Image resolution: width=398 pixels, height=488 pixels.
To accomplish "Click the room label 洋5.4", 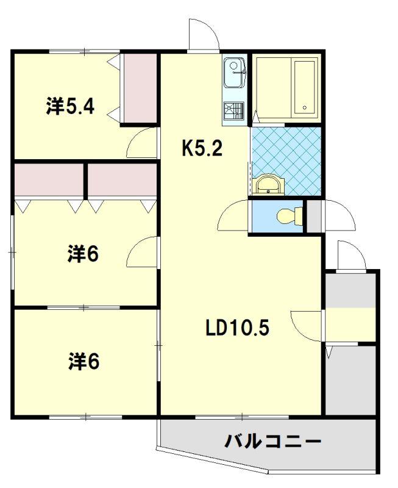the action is pyautogui.click(x=70, y=106).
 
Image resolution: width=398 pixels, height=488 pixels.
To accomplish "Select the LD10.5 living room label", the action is pyautogui.click(x=237, y=328).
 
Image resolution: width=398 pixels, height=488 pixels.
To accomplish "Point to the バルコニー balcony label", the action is pyautogui.click(x=272, y=441).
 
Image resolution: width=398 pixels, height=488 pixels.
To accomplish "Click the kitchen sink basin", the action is pyautogui.click(x=234, y=72).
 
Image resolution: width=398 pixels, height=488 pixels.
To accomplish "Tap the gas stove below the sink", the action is pyautogui.click(x=233, y=111).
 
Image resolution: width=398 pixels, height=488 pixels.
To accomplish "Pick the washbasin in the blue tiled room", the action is pyautogui.click(x=269, y=186).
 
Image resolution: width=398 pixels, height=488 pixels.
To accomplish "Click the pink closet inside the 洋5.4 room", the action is pyautogui.click(x=140, y=88).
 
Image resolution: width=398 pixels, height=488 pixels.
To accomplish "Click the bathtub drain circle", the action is pyautogui.click(x=305, y=108).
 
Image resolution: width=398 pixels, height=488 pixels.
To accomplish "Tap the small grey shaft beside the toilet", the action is pyautogui.click(x=314, y=216).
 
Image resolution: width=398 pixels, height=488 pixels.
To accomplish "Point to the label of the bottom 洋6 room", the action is pyautogui.click(x=84, y=362).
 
